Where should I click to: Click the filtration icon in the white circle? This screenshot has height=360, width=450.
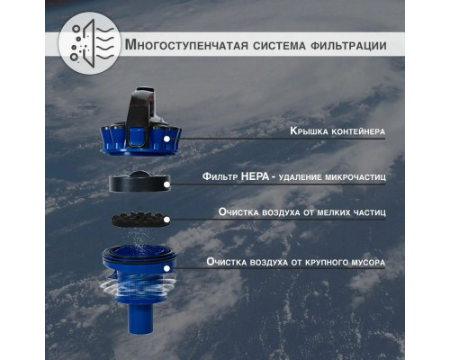[85, 44]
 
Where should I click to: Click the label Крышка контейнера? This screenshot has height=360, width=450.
[337, 131]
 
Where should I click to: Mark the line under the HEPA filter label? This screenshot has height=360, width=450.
[288, 185]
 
